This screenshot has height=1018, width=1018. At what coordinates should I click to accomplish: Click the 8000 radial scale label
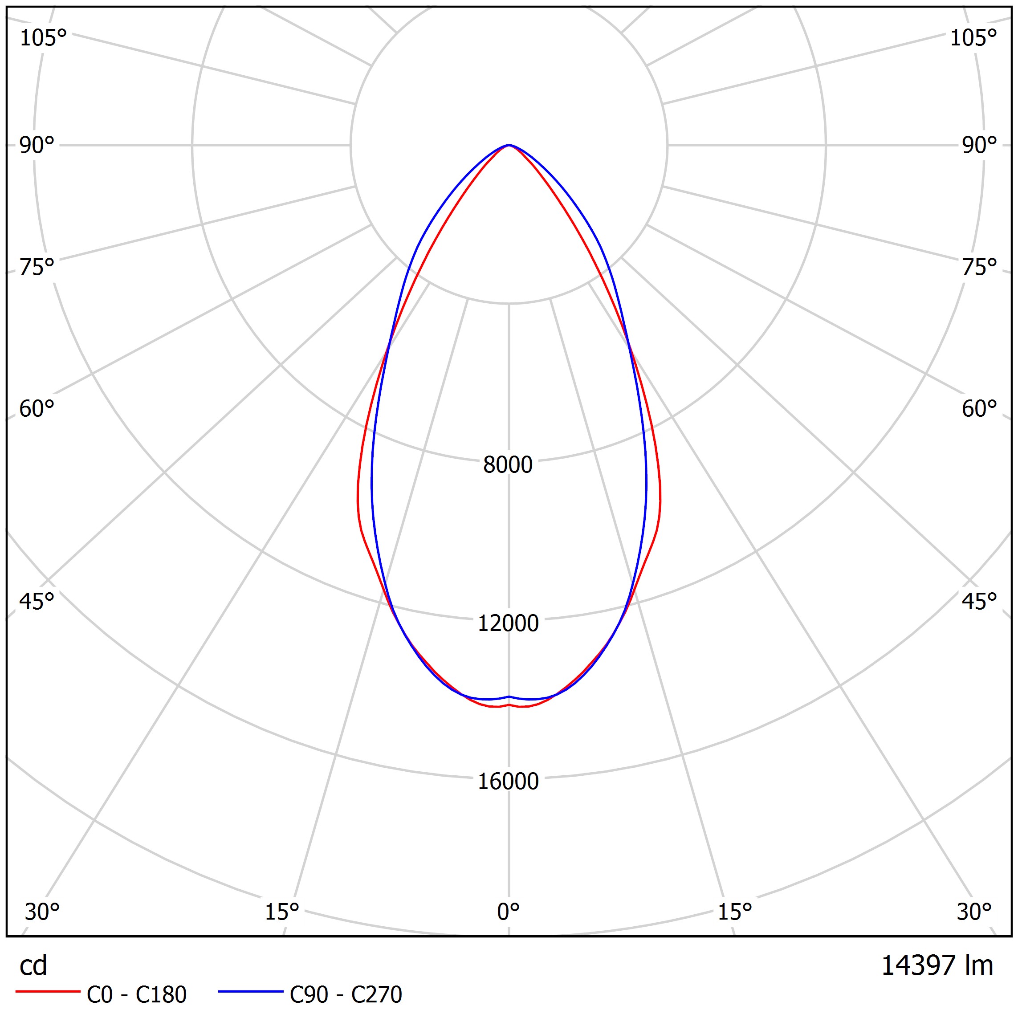[x=508, y=465]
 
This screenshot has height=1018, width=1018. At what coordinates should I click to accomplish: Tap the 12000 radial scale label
[x=508, y=623]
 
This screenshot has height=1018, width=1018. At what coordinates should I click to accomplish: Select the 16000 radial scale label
[x=508, y=782]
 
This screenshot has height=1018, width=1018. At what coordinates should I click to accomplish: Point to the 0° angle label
[x=509, y=912]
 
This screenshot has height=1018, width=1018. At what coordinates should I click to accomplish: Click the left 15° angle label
[x=282, y=912]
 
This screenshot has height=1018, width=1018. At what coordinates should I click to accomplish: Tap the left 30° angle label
[x=42, y=912]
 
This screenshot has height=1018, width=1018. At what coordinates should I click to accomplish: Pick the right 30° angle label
[x=974, y=912]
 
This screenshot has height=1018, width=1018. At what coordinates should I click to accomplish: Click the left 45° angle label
[x=37, y=601]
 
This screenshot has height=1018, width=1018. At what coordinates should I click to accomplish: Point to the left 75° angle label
[x=37, y=267]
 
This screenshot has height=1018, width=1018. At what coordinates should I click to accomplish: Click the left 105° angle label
[x=43, y=38]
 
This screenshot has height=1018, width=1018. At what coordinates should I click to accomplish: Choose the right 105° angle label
[x=973, y=38]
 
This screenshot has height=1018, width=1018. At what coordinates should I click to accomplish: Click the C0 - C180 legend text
[x=136, y=995]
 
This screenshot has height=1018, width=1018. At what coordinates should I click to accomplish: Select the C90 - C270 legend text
[x=346, y=995]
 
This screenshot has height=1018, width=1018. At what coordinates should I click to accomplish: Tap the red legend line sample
[x=48, y=992]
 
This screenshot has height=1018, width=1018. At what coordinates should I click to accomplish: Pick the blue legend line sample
[x=251, y=992]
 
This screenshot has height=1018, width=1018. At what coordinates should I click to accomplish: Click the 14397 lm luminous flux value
[x=937, y=965]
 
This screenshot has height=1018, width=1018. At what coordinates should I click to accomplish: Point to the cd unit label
[x=33, y=965]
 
